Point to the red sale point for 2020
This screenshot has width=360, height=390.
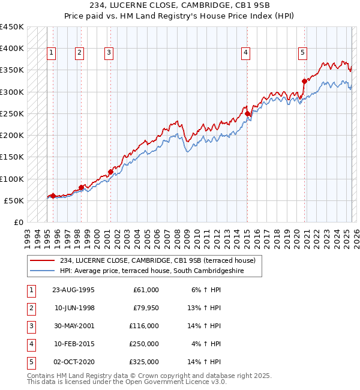(x=304, y=81)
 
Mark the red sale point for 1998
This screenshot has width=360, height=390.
(x=81, y=187)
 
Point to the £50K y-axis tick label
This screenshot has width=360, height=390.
(x=14, y=200)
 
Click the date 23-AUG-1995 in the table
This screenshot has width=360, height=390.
(x=73, y=290)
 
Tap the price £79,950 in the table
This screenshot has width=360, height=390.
(x=145, y=308)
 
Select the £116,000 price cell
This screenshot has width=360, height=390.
(x=144, y=326)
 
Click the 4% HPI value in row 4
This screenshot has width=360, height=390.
(x=206, y=344)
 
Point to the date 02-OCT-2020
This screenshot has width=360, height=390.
(x=73, y=362)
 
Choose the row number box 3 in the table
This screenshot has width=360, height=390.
(x=31, y=326)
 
